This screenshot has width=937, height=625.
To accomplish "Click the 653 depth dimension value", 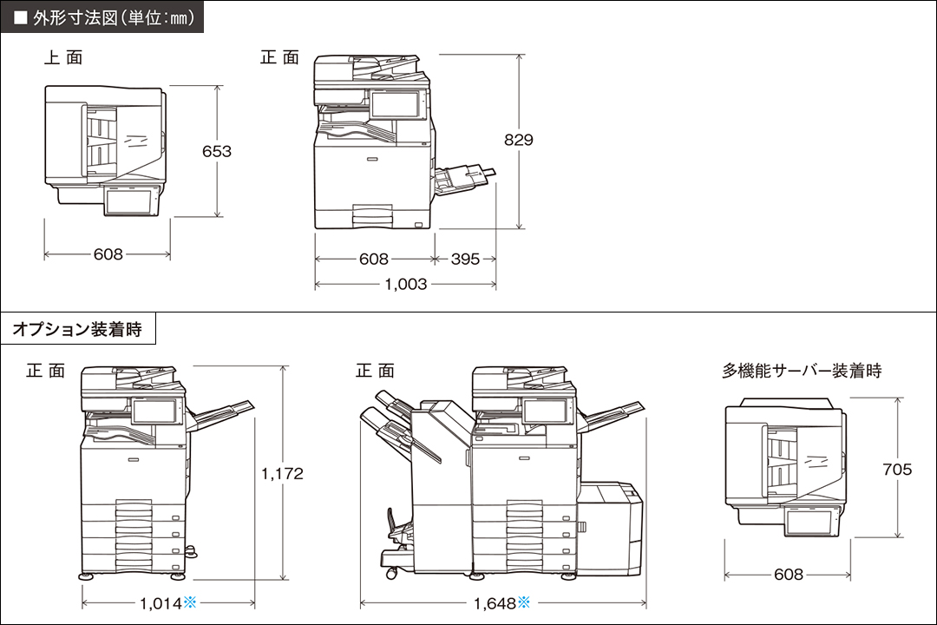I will pyautogui.click(x=217, y=151).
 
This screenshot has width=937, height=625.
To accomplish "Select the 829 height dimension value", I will pyautogui.click(x=519, y=139).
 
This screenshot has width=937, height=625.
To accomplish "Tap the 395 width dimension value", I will pyautogui.click(x=465, y=259).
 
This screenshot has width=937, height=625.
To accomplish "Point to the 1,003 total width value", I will pyautogui.click(x=406, y=284).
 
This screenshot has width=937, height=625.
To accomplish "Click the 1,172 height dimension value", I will pyautogui.click(x=283, y=473).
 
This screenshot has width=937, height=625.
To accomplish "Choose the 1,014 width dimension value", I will pyautogui.click(x=160, y=602).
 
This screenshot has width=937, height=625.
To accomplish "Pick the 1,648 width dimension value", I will pyautogui.click(x=495, y=602).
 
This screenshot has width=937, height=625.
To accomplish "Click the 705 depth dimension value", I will pyautogui.click(x=897, y=470).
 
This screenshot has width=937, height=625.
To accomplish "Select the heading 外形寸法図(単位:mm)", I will pyautogui.click(x=108, y=16).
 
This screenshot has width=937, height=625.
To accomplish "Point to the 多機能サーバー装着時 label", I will pyautogui.click(x=802, y=371).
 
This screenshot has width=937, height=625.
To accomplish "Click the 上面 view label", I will pyautogui.click(x=63, y=58).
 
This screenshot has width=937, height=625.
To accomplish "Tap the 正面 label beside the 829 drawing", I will pyautogui.click(x=279, y=58).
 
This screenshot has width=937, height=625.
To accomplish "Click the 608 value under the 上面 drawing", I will pyautogui.click(x=108, y=254).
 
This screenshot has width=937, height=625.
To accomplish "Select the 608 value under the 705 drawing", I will pyautogui.click(x=789, y=575).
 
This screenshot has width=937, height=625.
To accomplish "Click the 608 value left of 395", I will pyautogui.click(x=373, y=259).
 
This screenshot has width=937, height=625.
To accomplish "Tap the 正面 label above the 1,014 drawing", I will pyautogui.click(x=45, y=371).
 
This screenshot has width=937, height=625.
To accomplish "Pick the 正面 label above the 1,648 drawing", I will pyautogui.click(x=375, y=371).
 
